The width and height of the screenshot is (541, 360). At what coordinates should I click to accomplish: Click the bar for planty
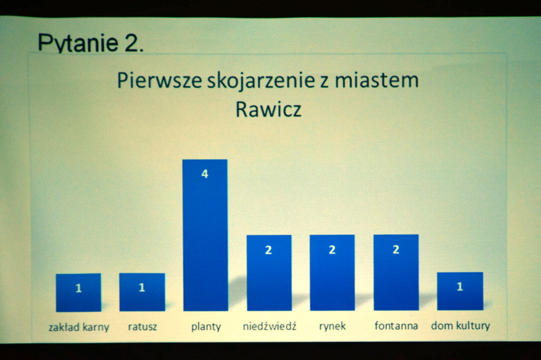[206, 235]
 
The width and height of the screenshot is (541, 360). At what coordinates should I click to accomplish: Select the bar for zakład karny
[79, 293]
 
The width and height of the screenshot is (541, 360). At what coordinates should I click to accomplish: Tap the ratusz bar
[142, 292]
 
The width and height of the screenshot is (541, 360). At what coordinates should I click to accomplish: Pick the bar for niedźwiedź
[269, 273]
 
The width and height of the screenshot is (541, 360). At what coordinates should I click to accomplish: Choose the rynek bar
[332, 272]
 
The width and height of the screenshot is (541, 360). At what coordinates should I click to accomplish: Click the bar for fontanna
[396, 272]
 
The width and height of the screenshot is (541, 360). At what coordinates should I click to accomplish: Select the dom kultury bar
[460, 291]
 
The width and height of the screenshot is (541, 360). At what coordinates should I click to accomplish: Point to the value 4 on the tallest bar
[205, 174]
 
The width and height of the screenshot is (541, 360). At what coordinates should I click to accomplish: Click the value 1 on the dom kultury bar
[460, 287]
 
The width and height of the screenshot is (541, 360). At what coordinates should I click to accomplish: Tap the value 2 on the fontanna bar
[396, 249]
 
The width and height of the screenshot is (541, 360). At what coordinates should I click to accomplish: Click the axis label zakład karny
[79, 327]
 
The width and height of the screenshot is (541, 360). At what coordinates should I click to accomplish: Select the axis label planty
[206, 326]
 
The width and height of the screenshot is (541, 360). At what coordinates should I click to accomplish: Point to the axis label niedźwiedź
[269, 326]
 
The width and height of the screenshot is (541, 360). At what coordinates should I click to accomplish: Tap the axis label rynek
[332, 326]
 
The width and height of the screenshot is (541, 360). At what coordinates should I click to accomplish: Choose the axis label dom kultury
[460, 326]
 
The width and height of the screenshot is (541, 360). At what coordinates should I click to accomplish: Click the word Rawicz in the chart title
[269, 109]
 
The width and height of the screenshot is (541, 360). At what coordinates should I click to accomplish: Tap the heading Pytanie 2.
[90, 43]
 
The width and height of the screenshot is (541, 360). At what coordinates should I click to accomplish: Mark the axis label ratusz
[142, 326]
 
